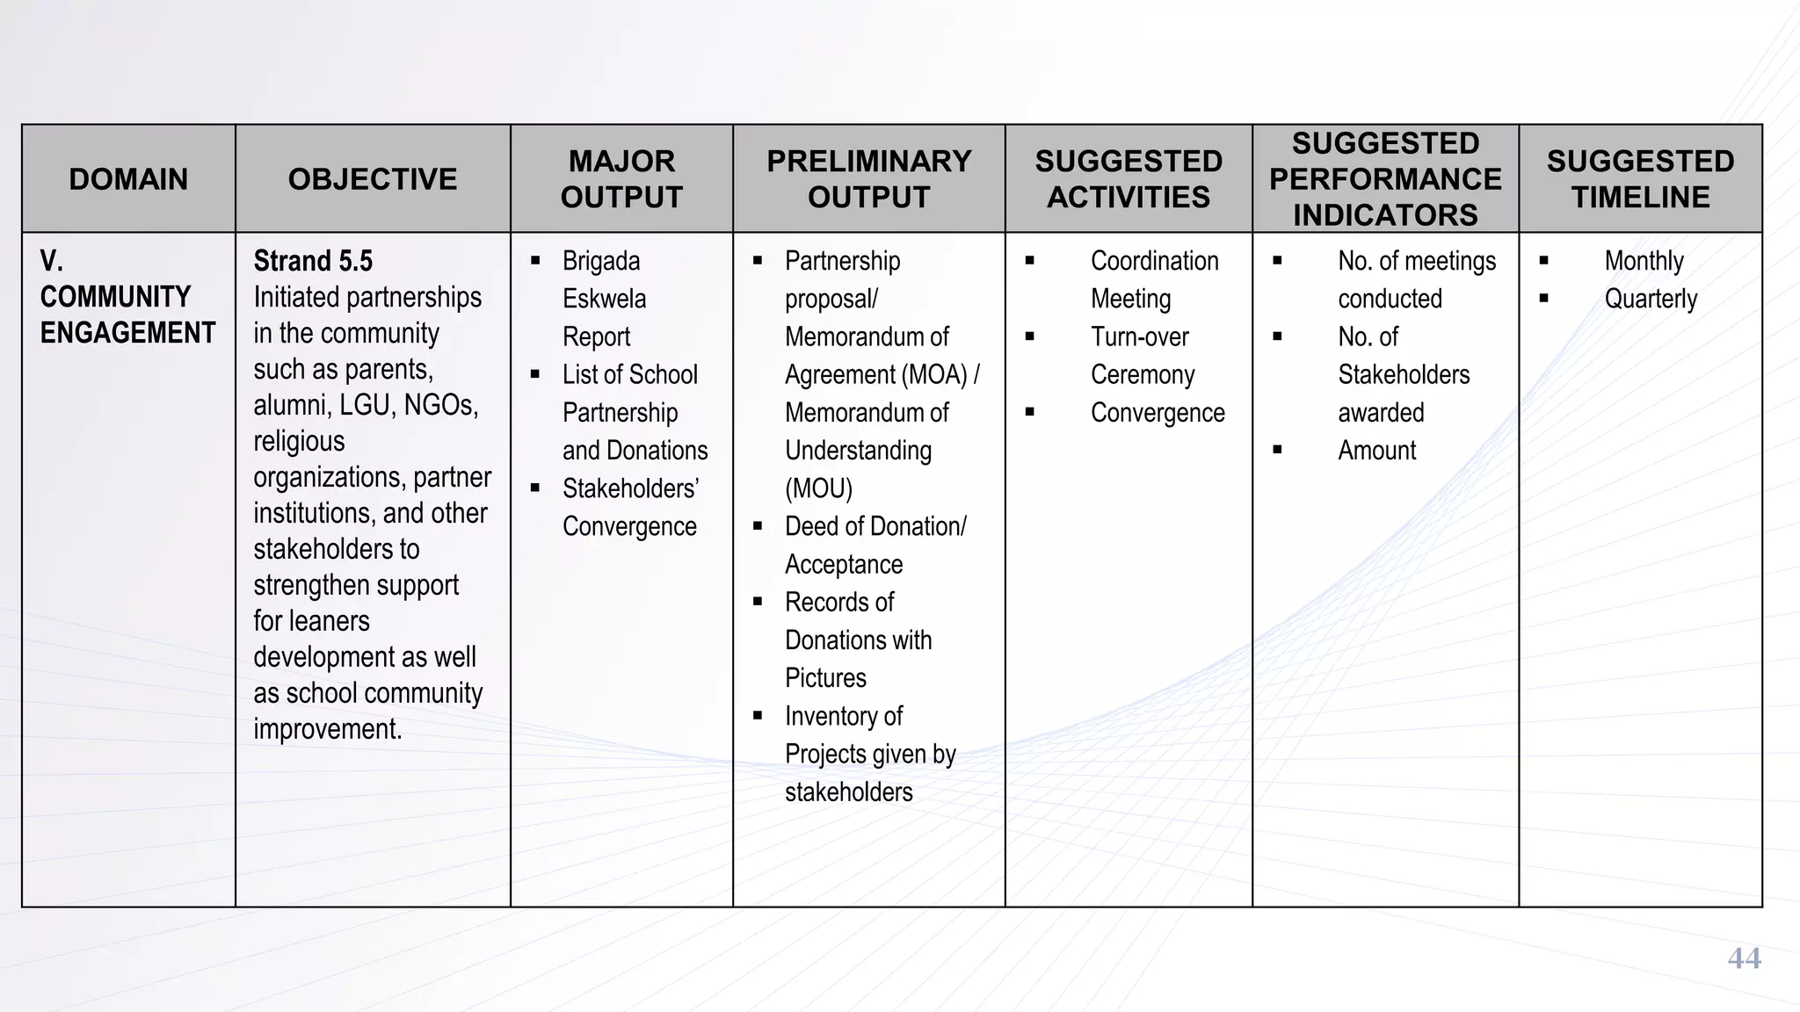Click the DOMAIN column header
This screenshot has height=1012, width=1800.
[128, 179]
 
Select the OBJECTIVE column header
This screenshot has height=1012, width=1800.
[373, 179]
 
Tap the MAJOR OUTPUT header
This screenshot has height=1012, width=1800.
[621, 179]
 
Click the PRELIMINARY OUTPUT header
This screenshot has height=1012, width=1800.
[868, 179]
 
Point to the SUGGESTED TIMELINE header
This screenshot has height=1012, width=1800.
[1640, 179]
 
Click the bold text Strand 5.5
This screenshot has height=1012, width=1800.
[313, 261]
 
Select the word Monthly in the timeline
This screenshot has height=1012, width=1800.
[1644, 261]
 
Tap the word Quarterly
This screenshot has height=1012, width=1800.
[1651, 299]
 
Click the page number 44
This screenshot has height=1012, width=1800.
[1744, 958]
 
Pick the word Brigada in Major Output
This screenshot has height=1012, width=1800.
[601, 261]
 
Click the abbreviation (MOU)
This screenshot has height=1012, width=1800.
[818, 488]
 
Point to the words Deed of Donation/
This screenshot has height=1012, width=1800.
[875, 526]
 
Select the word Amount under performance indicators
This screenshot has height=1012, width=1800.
[1376, 451]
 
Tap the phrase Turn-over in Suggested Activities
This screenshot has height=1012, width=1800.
[1139, 336]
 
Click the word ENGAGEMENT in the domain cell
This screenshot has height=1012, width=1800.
[127, 333]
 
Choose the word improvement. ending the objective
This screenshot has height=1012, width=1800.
[327, 729]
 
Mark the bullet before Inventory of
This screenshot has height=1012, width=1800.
[758, 715]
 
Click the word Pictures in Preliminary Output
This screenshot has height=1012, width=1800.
[825, 678]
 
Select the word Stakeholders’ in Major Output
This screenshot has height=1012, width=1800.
[630, 488]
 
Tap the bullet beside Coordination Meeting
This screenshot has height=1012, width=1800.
[1029, 261]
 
